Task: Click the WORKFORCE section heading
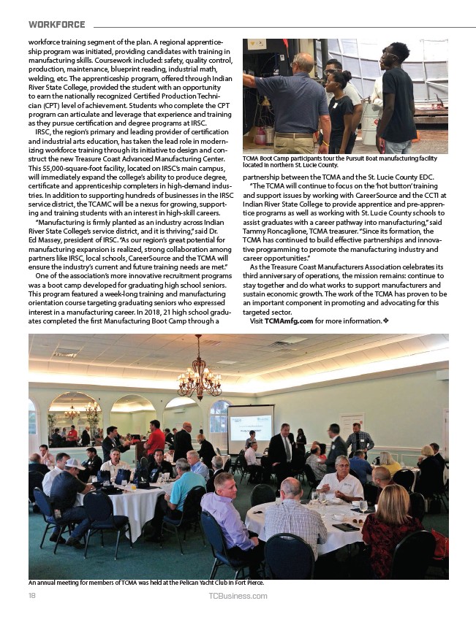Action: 56,24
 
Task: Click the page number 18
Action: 32,596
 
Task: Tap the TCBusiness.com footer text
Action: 238,596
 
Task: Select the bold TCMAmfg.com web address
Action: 290,321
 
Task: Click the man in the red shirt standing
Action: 154,439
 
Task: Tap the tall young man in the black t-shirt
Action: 398,95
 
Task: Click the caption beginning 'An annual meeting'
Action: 146,583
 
